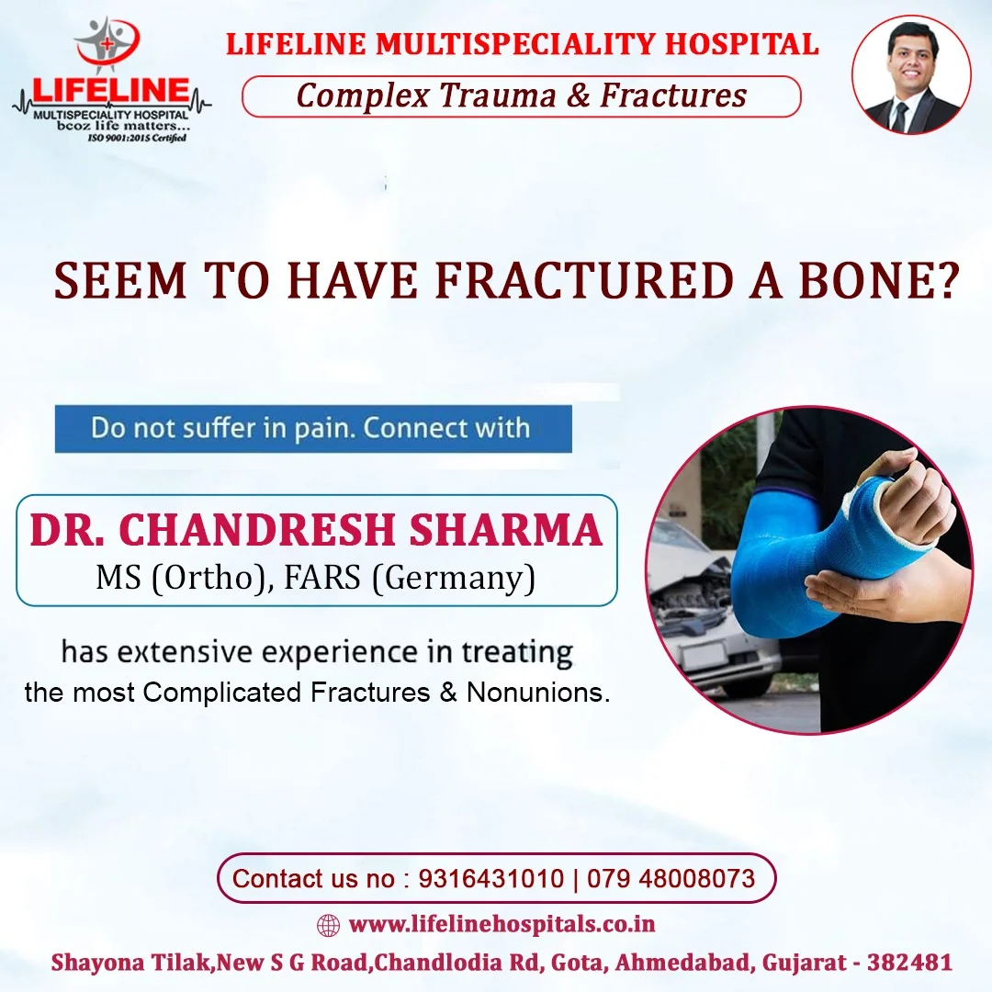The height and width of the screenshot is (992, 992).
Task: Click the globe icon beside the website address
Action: click(328, 925)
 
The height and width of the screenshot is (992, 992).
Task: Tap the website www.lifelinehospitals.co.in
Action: click(502, 924)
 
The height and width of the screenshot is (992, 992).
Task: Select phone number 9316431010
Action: click(490, 878)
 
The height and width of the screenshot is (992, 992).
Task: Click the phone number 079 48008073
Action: click(671, 878)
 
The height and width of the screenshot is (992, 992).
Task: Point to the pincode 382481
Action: click(909, 962)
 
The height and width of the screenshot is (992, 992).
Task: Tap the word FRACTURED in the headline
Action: click(583, 280)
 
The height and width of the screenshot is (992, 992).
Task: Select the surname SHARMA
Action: click(505, 529)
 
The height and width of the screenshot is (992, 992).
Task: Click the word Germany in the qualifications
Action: click(454, 577)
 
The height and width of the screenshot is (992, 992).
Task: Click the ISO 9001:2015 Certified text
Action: click(137, 137)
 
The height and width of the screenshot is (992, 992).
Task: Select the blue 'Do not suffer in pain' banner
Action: click(313, 428)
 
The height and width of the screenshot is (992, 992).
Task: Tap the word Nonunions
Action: click(537, 693)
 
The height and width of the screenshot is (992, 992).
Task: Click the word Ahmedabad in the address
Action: click(682, 962)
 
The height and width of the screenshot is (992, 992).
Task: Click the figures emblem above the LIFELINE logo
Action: click(107, 42)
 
